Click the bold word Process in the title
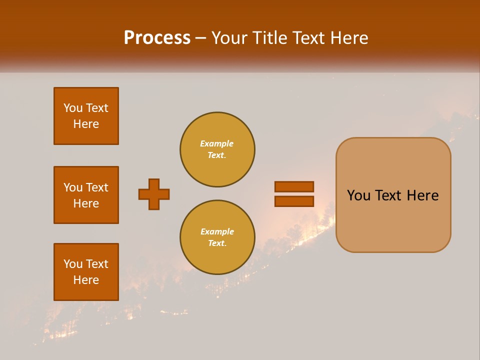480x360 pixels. (157, 38)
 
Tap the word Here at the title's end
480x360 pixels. (349, 38)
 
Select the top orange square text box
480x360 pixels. (86, 116)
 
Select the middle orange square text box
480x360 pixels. (86, 195)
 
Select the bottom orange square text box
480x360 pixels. (86, 272)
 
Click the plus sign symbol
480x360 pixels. (154, 194)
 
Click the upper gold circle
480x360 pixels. (217, 149)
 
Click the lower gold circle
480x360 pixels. (217, 237)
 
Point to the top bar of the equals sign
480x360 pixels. (294, 186)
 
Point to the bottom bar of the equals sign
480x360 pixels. (294, 201)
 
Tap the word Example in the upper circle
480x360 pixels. (216, 143)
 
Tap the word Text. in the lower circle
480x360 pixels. (216, 243)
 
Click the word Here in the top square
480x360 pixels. (86, 124)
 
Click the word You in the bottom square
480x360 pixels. (73, 264)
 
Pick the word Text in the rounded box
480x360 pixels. (388, 195)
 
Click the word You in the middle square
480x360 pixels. (73, 187)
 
